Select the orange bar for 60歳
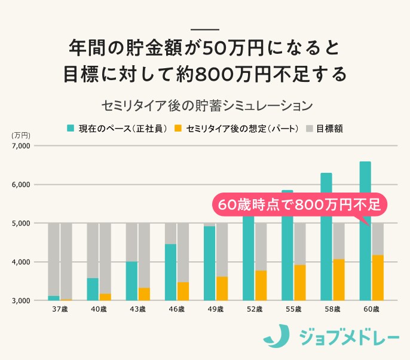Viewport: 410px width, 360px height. [x=378, y=277]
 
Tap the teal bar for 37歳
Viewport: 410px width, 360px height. [x=54, y=298]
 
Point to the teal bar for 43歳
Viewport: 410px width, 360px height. [x=131, y=280]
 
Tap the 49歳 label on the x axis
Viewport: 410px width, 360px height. [x=216, y=309]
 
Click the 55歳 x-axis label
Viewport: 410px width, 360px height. [x=293, y=309]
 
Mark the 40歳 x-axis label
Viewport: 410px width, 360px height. [x=99, y=309]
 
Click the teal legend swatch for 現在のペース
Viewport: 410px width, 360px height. [x=71, y=128]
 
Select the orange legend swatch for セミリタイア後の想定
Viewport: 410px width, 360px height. [x=178, y=128]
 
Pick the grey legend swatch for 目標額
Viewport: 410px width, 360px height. [x=309, y=128]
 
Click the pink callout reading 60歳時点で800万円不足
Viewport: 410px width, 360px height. [x=299, y=204]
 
